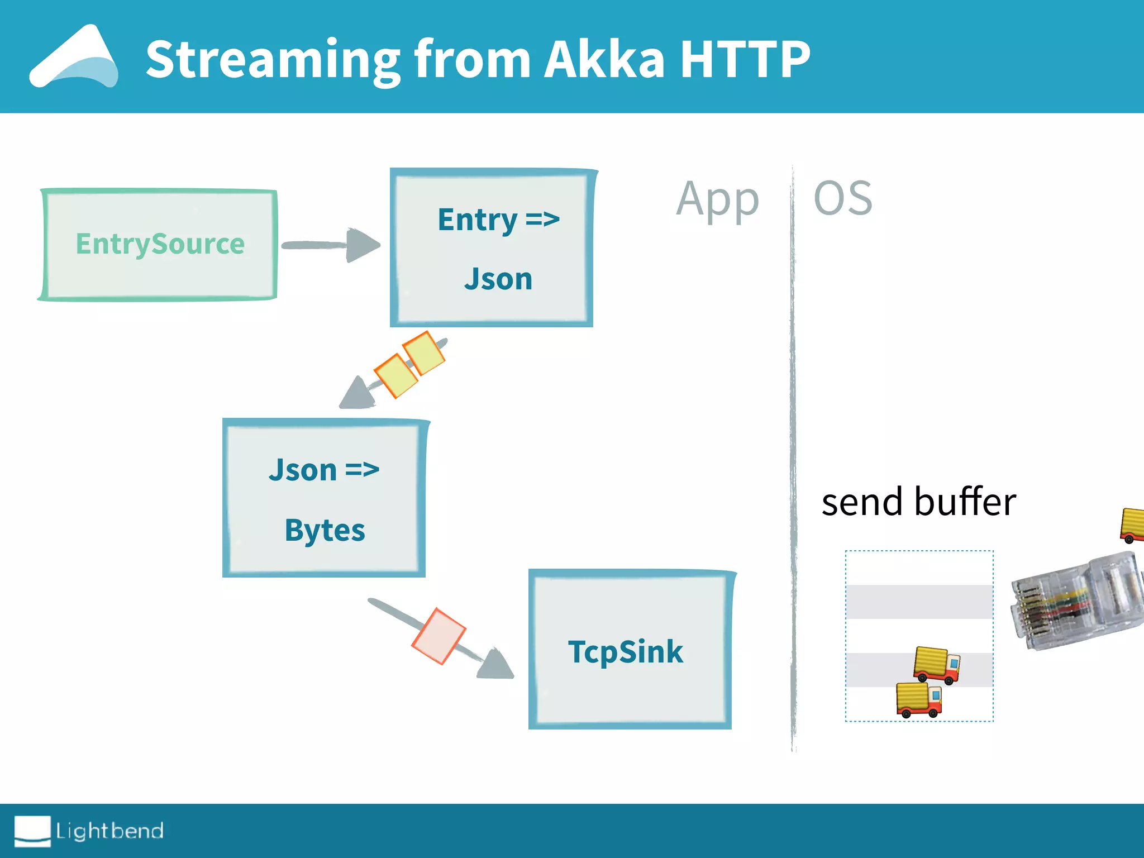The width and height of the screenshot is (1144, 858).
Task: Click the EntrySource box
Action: point(160,245)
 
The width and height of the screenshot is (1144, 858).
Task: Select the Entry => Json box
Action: point(492,247)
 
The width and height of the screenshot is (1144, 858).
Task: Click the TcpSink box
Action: point(630,650)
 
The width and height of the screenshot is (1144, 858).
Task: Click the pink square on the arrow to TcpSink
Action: point(439,636)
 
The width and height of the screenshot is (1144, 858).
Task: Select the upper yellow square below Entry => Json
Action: point(424,352)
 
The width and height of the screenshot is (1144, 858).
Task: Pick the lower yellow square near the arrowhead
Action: point(395,375)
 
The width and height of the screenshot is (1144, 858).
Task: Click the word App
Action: point(717,200)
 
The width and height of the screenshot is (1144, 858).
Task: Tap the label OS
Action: point(842,198)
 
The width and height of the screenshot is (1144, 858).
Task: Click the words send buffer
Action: point(918,502)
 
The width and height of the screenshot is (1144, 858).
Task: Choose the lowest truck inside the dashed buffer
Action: point(919,699)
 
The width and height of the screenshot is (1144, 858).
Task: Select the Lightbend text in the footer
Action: point(109,831)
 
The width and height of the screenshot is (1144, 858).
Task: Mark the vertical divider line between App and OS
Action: point(793,458)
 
